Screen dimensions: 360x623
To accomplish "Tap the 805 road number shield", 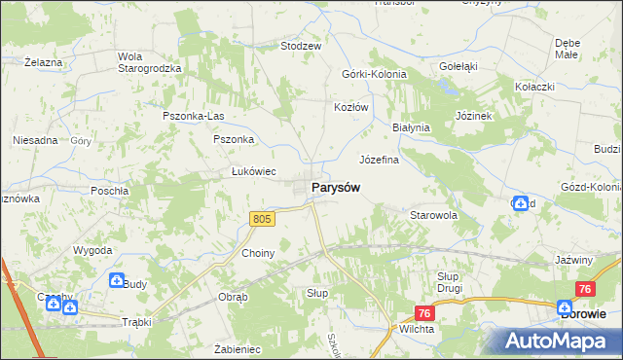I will [262, 220].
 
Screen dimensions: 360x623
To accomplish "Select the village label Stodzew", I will [301, 46].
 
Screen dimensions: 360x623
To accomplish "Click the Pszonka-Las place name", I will [193, 117].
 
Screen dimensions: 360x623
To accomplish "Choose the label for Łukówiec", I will [253, 172].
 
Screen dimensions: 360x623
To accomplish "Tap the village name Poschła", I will [110, 191].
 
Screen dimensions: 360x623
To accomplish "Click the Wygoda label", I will [93, 250].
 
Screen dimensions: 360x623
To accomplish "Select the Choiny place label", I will [258, 253].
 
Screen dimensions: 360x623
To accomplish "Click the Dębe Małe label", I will [568, 49].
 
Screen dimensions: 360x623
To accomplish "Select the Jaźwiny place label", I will [573, 260].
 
